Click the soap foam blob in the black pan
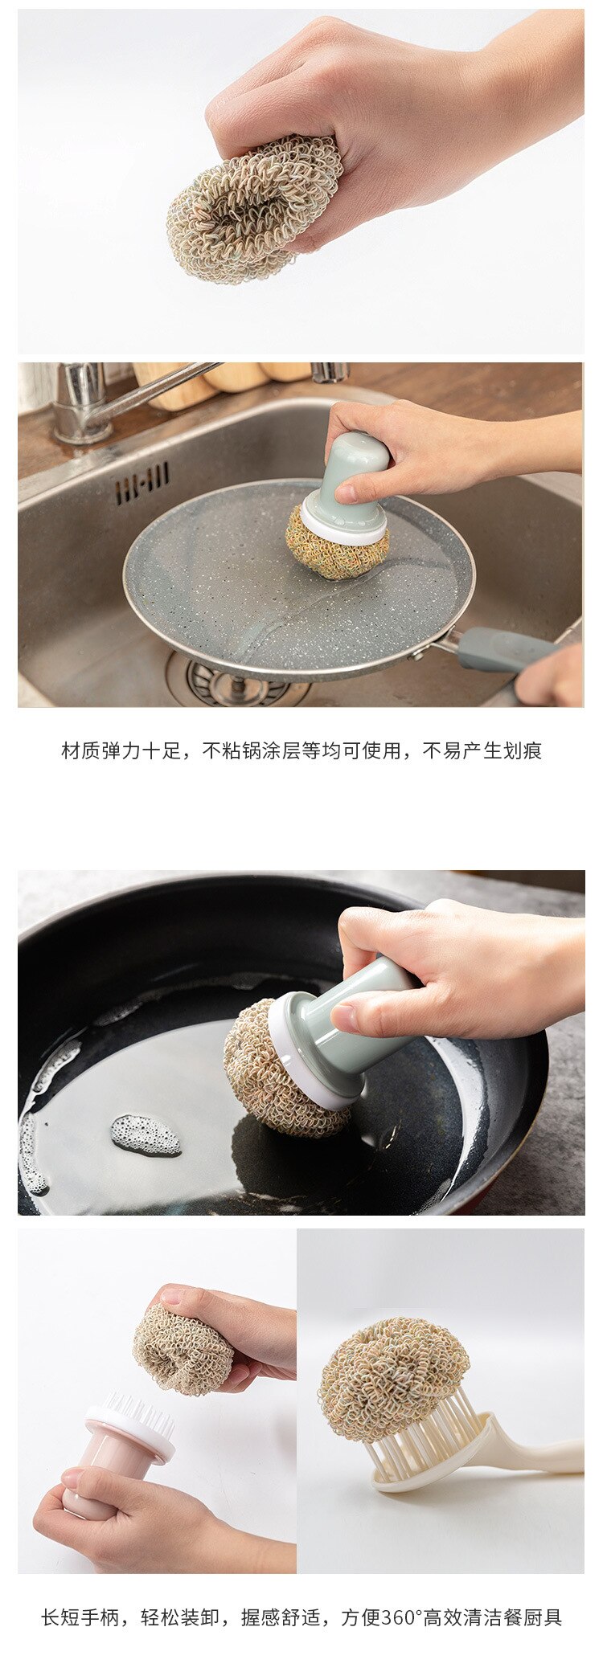click(145, 1134)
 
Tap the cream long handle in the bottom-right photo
click(539, 1454)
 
